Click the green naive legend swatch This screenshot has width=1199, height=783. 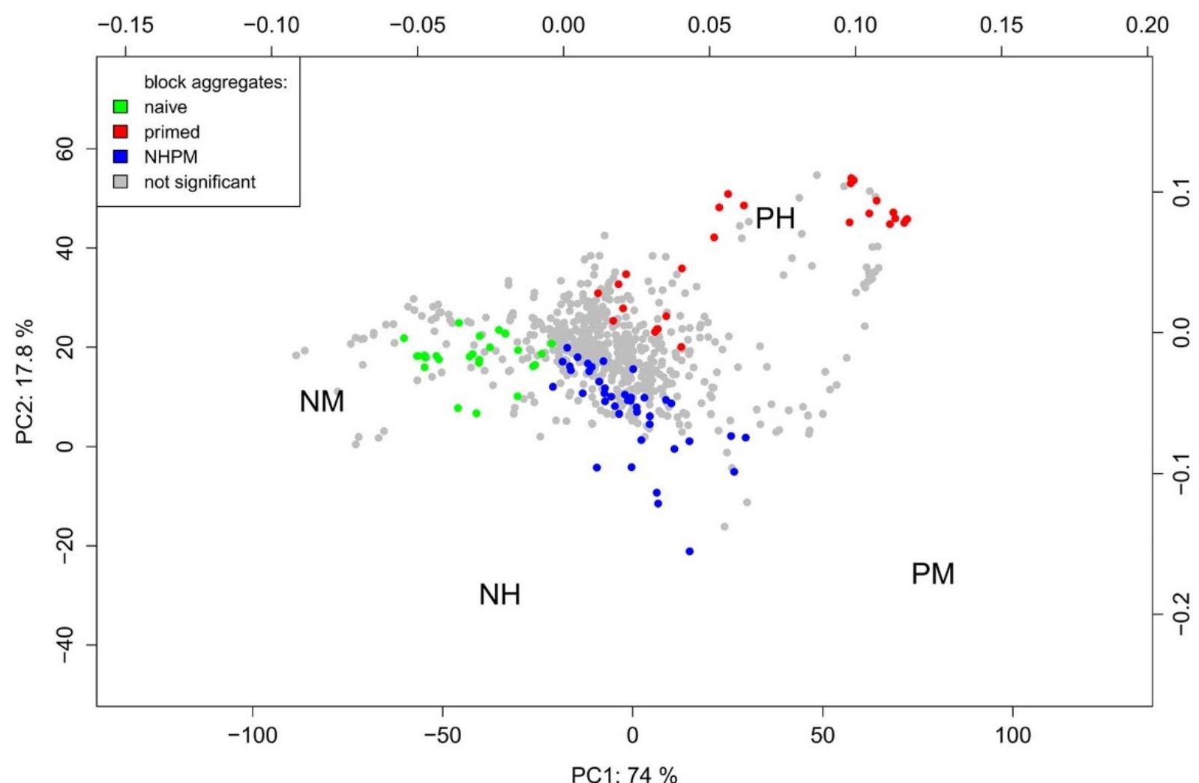pyautogui.click(x=120, y=107)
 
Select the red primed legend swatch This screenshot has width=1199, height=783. pyautogui.click(x=120, y=132)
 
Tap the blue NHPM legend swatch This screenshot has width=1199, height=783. pyautogui.click(x=120, y=157)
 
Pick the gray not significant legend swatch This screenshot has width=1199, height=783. pyautogui.click(x=120, y=181)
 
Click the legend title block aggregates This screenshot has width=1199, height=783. pyautogui.click(x=215, y=82)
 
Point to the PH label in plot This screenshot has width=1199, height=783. pyautogui.click(x=775, y=219)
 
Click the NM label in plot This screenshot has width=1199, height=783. pyautogui.click(x=322, y=402)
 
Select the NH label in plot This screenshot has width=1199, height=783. pyautogui.click(x=499, y=595)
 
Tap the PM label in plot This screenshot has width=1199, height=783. pyautogui.click(x=933, y=574)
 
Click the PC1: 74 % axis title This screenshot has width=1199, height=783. pyautogui.click(x=624, y=774)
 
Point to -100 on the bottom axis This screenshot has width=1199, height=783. pyautogui.click(x=252, y=735)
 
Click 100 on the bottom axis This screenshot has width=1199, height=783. pyautogui.click(x=1012, y=735)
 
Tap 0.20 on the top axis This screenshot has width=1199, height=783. pyautogui.click(x=1147, y=25)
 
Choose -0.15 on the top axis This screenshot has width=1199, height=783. pyautogui.click(x=125, y=25)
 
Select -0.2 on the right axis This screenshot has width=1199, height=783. pyautogui.click(x=1180, y=614)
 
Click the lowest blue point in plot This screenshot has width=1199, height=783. pyautogui.click(x=689, y=551)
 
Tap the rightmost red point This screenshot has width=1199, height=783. pyautogui.click(x=907, y=220)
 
